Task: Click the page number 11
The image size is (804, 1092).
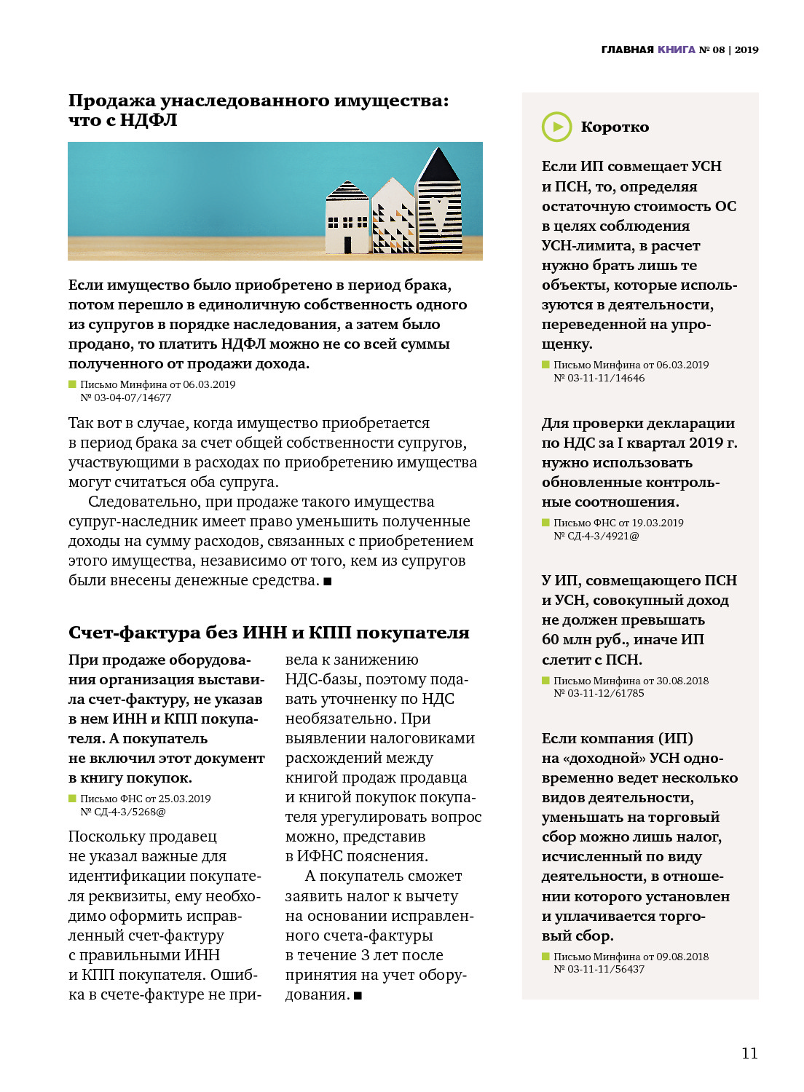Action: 749,1053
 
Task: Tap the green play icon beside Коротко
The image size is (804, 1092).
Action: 557,127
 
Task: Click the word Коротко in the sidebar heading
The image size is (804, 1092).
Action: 615,127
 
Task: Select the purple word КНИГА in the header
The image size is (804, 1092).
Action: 677,50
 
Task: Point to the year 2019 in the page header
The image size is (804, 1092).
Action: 746,50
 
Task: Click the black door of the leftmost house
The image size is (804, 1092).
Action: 347,245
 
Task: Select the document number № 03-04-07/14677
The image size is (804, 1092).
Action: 125,397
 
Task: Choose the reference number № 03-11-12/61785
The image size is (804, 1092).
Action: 599,693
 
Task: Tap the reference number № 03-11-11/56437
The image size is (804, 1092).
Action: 599,969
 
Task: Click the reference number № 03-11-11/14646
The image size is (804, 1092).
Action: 599,378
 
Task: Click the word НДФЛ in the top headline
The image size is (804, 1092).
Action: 149,120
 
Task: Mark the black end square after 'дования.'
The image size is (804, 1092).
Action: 358,996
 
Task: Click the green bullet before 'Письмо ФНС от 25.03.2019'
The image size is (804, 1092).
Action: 72,799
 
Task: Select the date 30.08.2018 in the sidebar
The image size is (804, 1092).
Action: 682,681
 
